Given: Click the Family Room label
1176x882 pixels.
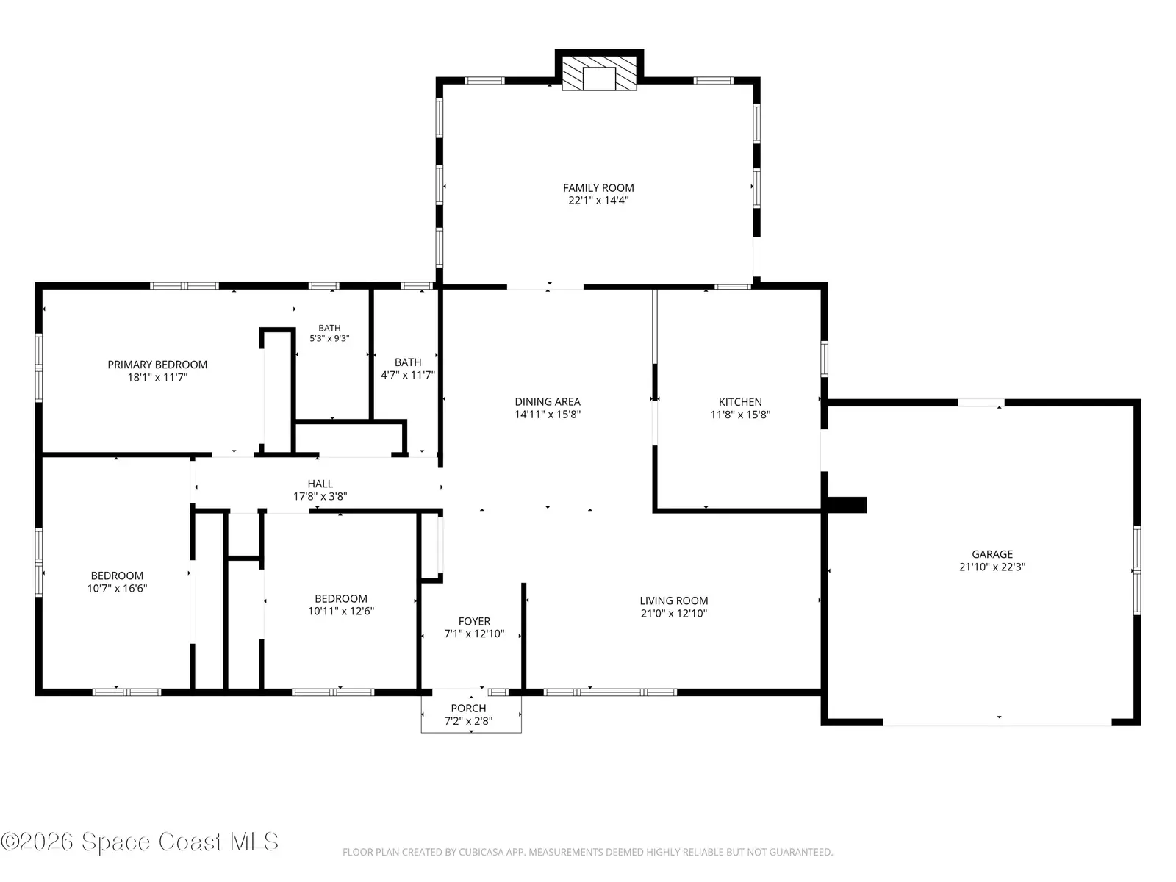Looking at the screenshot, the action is click(598, 188).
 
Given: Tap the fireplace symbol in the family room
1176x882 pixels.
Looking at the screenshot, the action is click(599, 72).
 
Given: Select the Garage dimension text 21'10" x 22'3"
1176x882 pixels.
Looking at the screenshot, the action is click(992, 567).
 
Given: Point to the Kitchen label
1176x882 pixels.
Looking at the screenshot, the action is click(740, 401).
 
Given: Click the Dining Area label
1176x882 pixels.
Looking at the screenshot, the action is click(548, 401).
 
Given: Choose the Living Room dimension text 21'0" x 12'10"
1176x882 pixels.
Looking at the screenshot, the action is click(674, 613).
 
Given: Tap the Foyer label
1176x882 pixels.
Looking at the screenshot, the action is click(474, 621).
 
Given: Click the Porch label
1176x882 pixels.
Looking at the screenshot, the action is click(468, 708).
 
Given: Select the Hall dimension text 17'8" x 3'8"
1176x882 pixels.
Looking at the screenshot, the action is click(320, 496).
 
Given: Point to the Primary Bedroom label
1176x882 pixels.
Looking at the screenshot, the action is click(157, 365).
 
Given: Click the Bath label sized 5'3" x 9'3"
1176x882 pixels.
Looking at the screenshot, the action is click(329, 328).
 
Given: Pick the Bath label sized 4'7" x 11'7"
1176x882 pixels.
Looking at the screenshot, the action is click(408, 362).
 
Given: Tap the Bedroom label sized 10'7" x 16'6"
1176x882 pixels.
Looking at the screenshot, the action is click(117, 576).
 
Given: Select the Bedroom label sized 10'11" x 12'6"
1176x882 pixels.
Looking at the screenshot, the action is click(341, 599).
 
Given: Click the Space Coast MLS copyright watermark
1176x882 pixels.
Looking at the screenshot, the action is click(140, 842).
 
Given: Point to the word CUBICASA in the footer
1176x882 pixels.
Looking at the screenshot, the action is click(478, 852).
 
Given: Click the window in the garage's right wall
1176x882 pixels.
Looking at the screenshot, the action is click(1137, 571).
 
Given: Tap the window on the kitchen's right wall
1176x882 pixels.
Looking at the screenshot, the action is click(825, 359).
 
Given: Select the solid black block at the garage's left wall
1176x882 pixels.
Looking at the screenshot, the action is click(845, 505).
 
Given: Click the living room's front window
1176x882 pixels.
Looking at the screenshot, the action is click(610, 692).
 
